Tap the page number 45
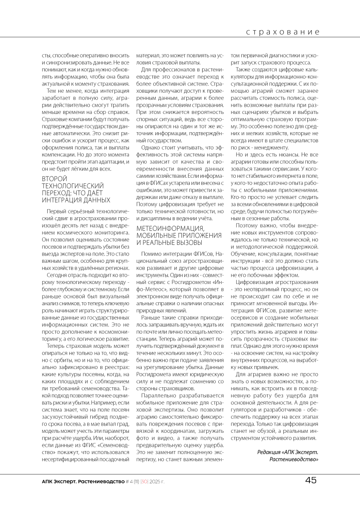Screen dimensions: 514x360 pyautogui.click(x=311, y=480)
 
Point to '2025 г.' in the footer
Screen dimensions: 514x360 pyautogui.click(x=157, y=481)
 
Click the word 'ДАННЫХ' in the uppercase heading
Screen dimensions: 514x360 pyautogui.click(x=97, y=200)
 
